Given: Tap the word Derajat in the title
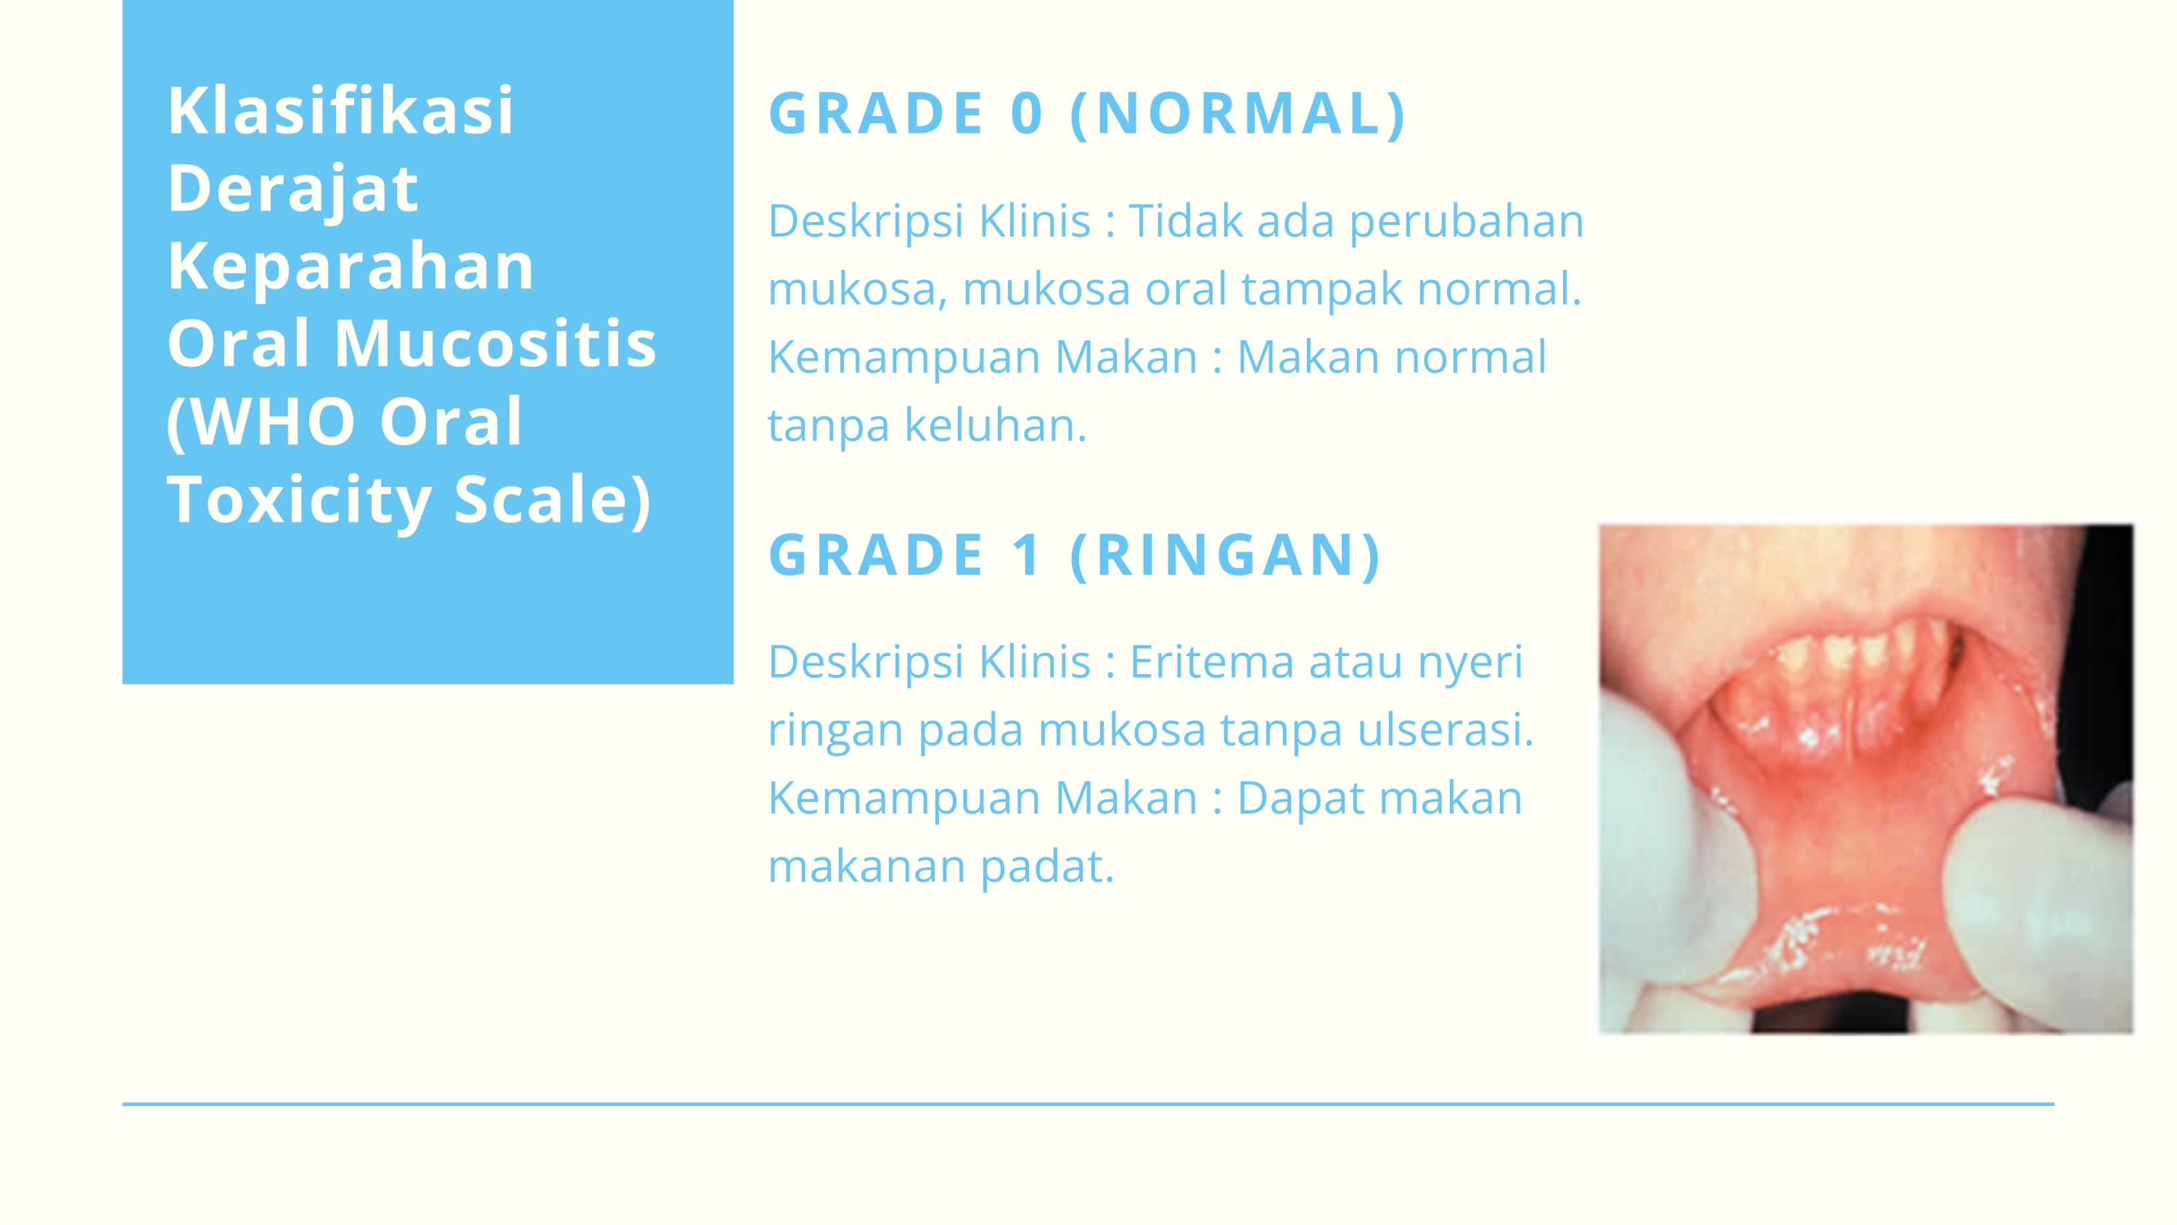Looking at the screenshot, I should [x=292, y=189].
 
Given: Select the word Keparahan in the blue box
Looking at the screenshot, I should [x=350, y=266].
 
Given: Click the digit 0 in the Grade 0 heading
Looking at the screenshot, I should [x=1027, y=113].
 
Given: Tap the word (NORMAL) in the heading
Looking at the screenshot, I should [x=1238, y=113].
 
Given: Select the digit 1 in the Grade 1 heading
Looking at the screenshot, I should [x=1027, y=555].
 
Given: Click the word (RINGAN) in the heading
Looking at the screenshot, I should [x=1226, y=555].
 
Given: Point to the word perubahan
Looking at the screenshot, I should [x=1467, y=221].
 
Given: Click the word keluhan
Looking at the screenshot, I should [x=995, y=425].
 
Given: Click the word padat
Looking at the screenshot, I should [x=1047, y=866].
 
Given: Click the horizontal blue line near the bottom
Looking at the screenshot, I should [x=1088, y=1104].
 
